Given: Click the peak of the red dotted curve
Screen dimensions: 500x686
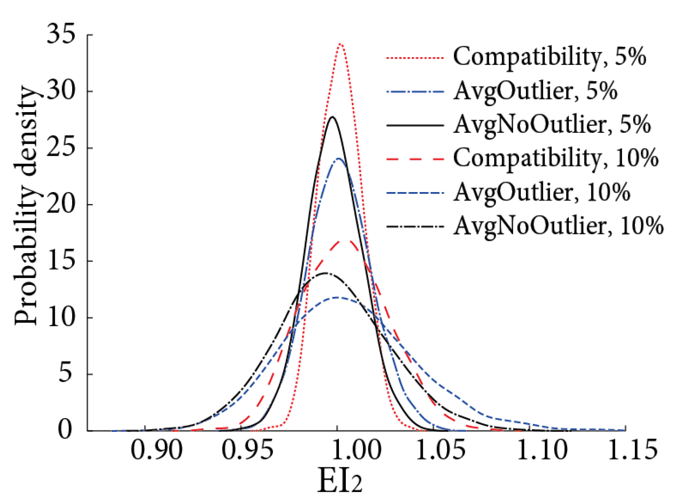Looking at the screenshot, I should point(341,44).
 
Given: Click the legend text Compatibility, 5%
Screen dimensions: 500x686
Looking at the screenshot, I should point(549,57).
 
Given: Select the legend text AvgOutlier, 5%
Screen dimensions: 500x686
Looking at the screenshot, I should point(535,91).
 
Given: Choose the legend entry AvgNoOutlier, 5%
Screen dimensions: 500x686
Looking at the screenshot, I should point(551,125).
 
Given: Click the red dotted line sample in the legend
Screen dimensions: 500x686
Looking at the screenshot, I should point(415,58).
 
